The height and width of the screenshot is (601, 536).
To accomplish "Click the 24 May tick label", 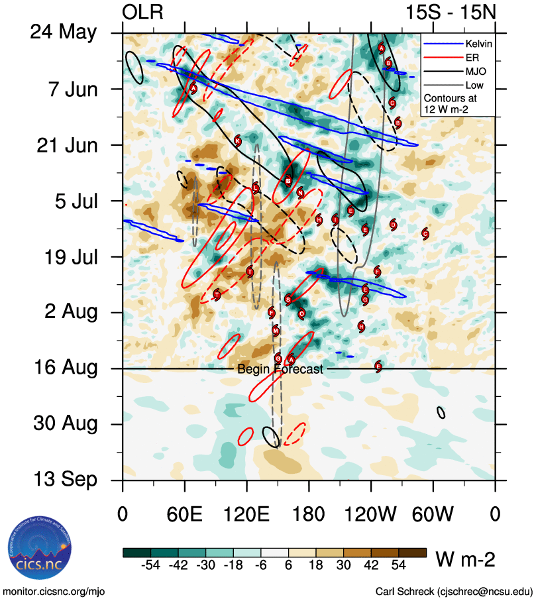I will coord(64,33).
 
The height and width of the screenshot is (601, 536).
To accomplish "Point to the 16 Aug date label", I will coord(64,368).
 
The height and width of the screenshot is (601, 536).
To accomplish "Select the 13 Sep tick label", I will coord(64,480).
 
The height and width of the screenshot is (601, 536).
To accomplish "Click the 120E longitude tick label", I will coord(246,514).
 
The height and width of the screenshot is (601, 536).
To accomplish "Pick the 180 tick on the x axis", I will coord(309,514).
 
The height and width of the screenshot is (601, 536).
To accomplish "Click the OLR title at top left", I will coord(142,13).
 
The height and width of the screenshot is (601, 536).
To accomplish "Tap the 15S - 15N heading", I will coord(451,13).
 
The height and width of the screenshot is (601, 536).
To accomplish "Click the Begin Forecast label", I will coord(280,370).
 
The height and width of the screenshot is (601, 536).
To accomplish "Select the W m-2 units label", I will coord(464,560).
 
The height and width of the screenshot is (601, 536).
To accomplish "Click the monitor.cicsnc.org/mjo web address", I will coord(54,591).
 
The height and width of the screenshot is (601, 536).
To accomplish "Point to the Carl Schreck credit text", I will coord(454,591).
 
